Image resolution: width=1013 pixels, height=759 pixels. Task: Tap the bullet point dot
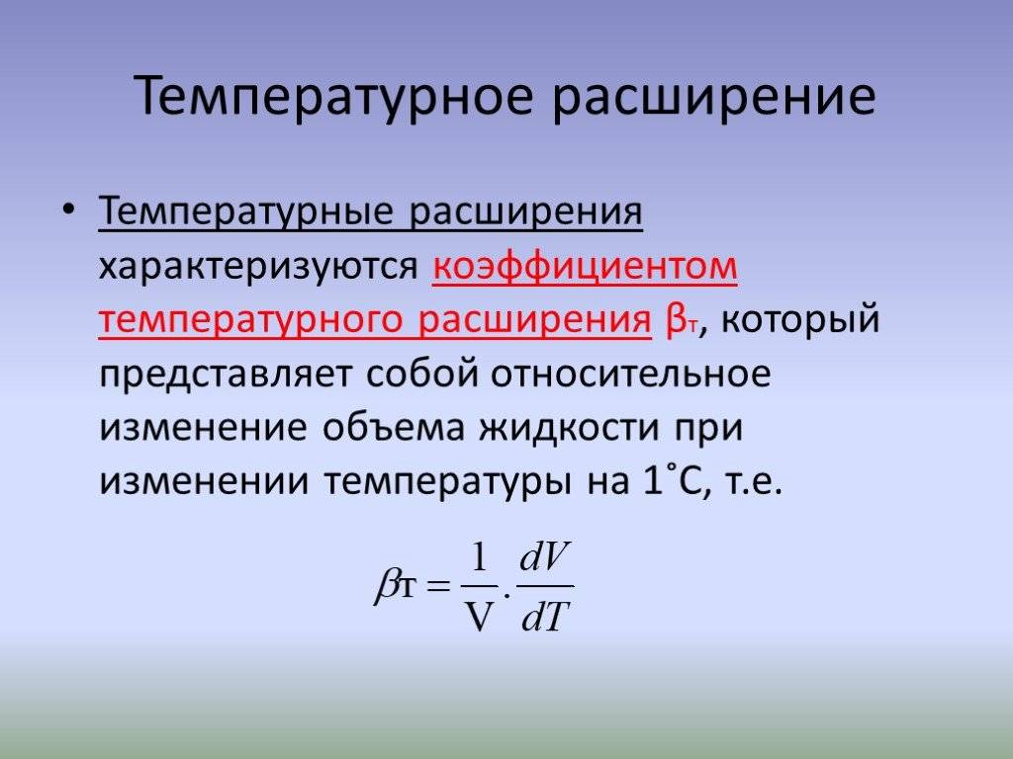coord(68,210)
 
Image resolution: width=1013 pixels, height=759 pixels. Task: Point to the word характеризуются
coord(259,267)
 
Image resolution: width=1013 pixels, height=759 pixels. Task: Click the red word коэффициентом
coord(585,265)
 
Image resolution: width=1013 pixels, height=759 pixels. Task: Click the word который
coord(799,320)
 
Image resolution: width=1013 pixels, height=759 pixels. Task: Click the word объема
coord(393,427)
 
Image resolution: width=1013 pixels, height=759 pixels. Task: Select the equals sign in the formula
coord(437,585)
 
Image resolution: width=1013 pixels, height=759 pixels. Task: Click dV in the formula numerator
coord(545,558)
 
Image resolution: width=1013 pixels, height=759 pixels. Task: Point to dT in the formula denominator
coord(545,616)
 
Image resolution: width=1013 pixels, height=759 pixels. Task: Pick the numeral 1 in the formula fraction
coord(479,557)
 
